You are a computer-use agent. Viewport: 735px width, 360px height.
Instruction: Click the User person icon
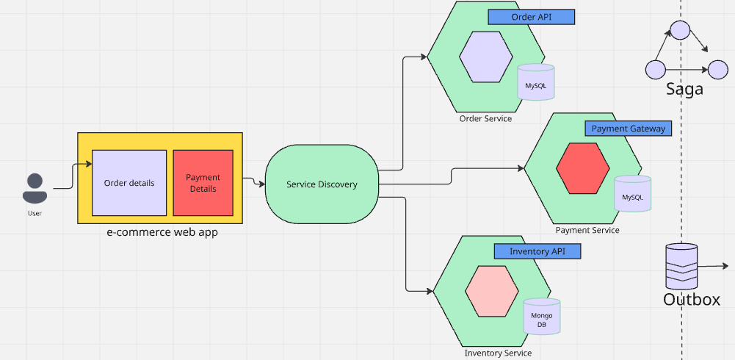(x=35, y=188)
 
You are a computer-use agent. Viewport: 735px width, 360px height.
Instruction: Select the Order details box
(x=129, y=183)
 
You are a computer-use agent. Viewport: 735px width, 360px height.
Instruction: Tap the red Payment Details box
(x=203, y=183)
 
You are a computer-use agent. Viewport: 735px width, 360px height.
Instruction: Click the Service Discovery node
(x=322, y=184)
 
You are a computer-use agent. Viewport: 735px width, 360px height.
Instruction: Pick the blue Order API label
(x=531, y=17)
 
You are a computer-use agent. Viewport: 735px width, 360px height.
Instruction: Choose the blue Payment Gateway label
(x=628, y=129)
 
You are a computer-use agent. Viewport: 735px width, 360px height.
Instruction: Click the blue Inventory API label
(x=537, y=251)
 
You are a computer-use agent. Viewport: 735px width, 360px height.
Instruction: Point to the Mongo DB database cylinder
(x=541, y=317)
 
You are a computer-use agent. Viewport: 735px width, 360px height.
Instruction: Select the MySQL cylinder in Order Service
(x=535, y=82)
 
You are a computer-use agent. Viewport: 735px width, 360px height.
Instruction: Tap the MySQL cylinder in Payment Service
(x=632, y=194)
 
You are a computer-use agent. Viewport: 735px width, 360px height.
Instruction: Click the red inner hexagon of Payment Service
(x=582, y=168)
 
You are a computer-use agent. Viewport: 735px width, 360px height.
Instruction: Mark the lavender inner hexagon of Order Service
(x=486, y=57)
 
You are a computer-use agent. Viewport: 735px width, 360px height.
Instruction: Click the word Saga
(x=684, y=90)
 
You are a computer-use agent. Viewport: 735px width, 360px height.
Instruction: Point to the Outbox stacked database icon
(x=681, y=267)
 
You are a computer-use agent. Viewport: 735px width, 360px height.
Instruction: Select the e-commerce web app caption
(x=162, y=233)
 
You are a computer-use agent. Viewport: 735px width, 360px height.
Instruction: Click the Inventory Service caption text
(x=498, y=353)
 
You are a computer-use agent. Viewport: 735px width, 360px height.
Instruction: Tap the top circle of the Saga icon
(x=680, y=30)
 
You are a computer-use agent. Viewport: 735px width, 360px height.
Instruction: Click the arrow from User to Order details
(x=73, y=176)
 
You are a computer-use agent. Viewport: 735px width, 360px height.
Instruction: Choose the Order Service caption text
(x=485, y=118)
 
